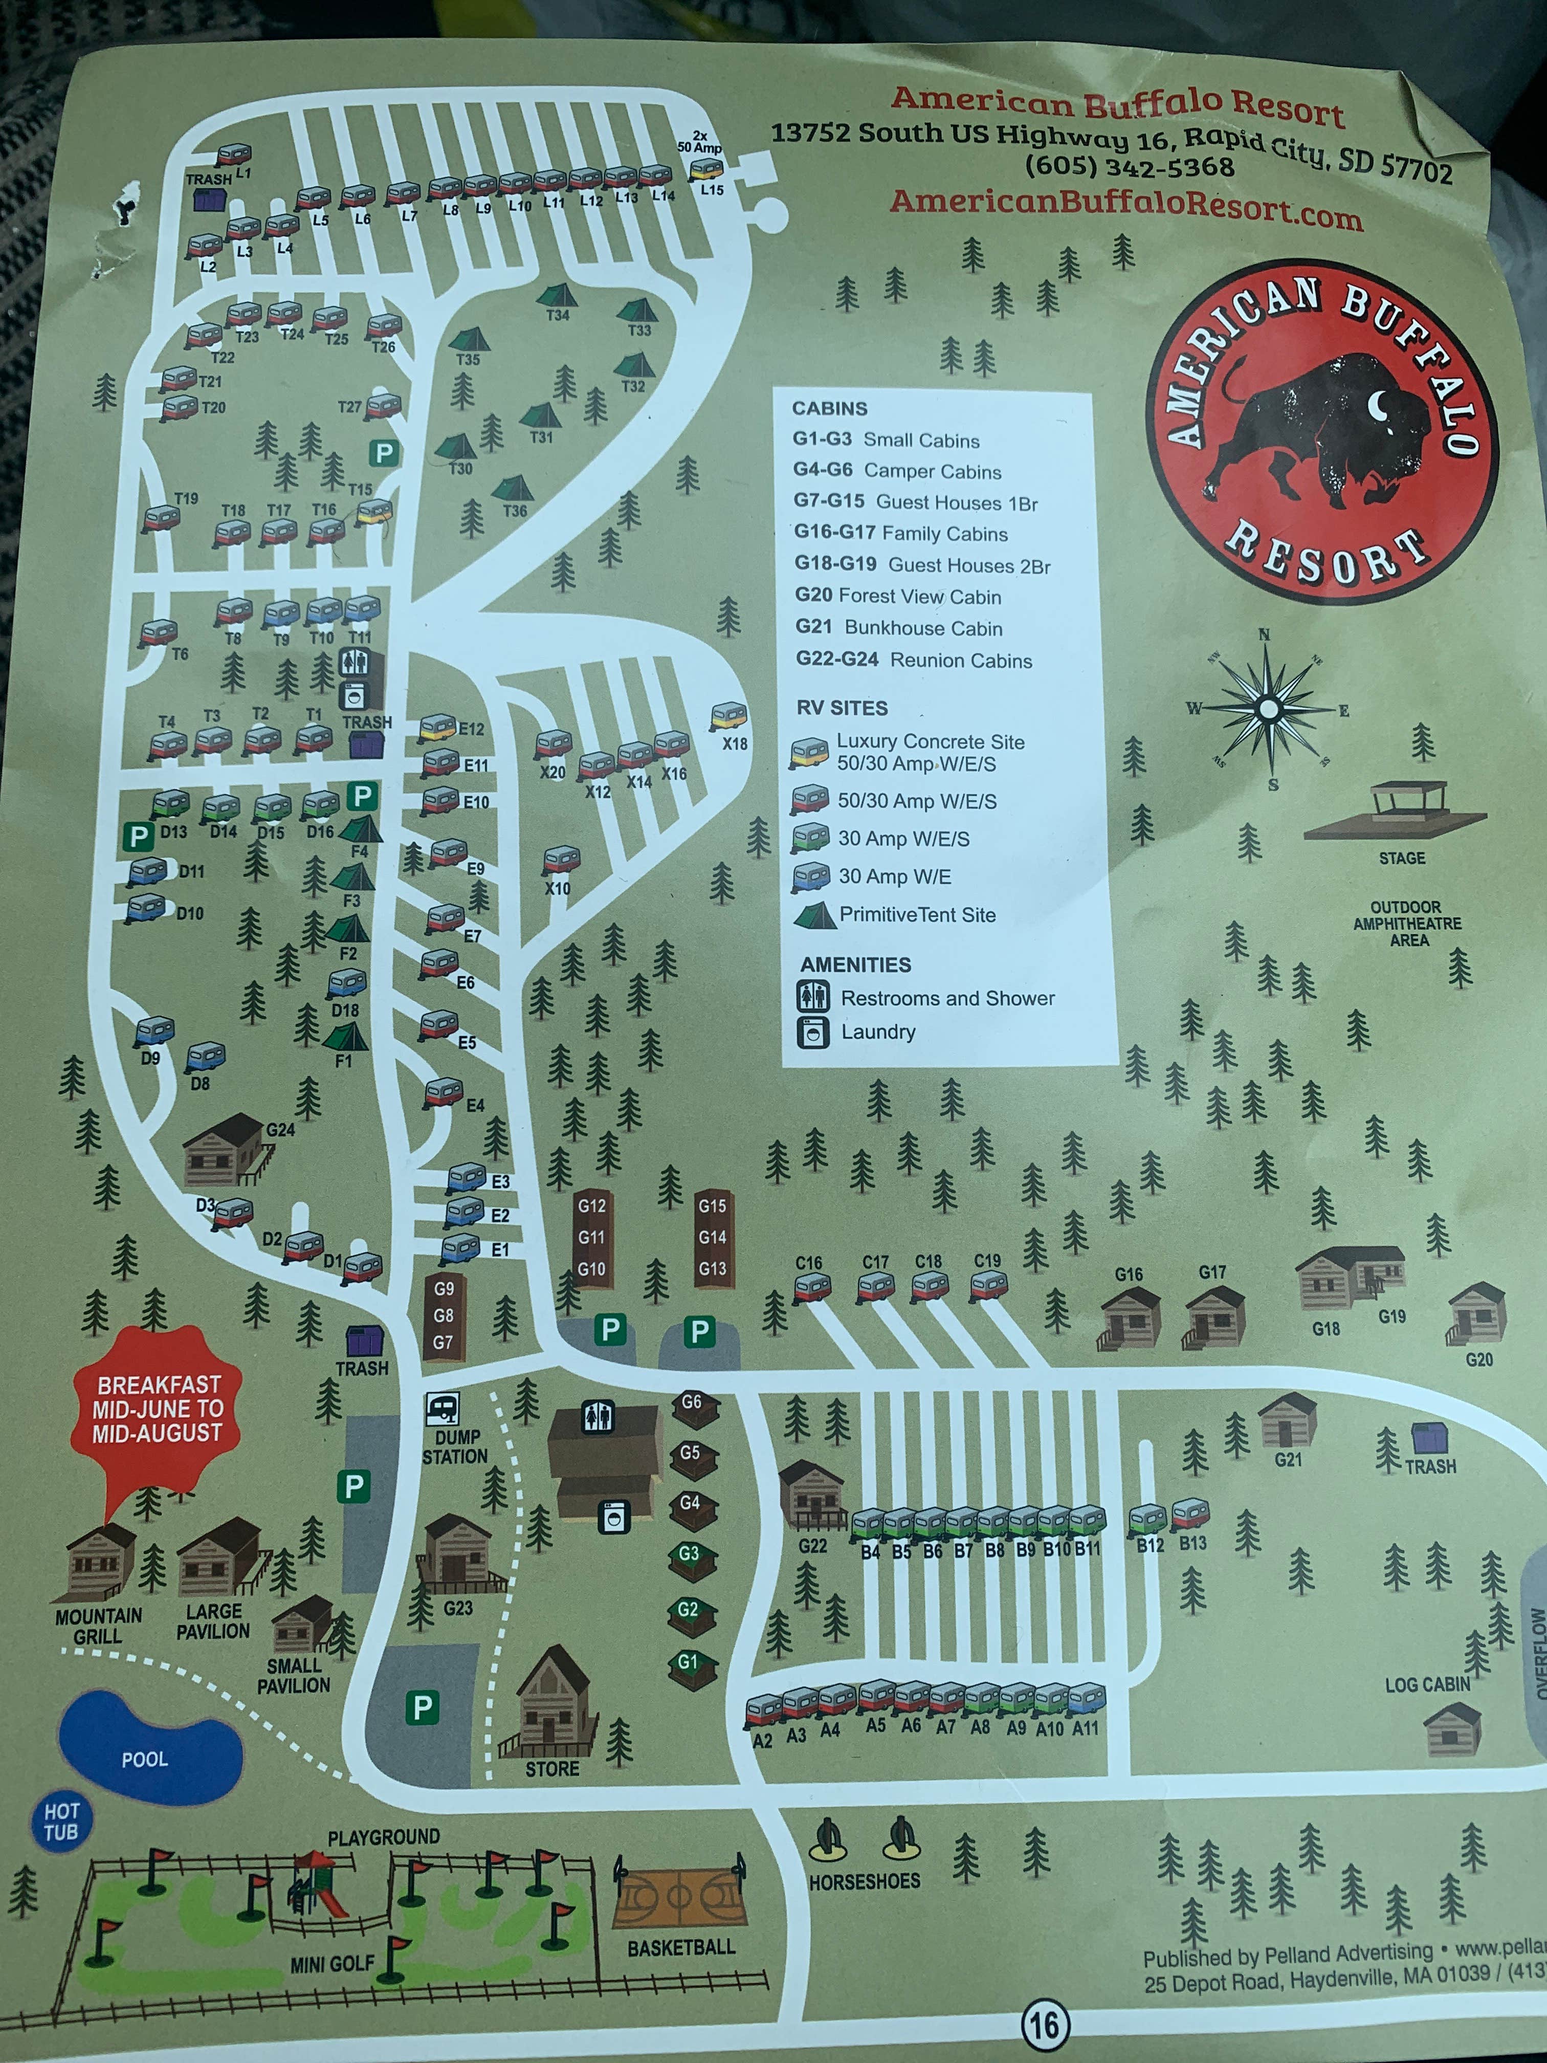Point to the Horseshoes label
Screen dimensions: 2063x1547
coord(865,1881)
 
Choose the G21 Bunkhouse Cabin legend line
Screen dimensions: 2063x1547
coord(899,628)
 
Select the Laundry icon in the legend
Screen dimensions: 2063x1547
coord(812,1031)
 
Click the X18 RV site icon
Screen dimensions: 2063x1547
coord(728,716)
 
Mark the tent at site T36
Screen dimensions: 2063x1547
coord(512,488)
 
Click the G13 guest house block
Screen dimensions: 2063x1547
coord(713,1268)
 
